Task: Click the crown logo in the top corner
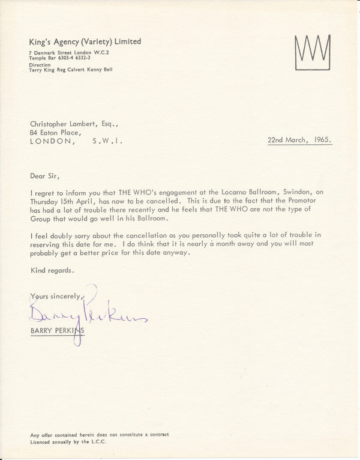click(312, 51)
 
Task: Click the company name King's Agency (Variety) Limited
click(85, 41)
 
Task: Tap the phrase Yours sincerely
click(58, 297)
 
